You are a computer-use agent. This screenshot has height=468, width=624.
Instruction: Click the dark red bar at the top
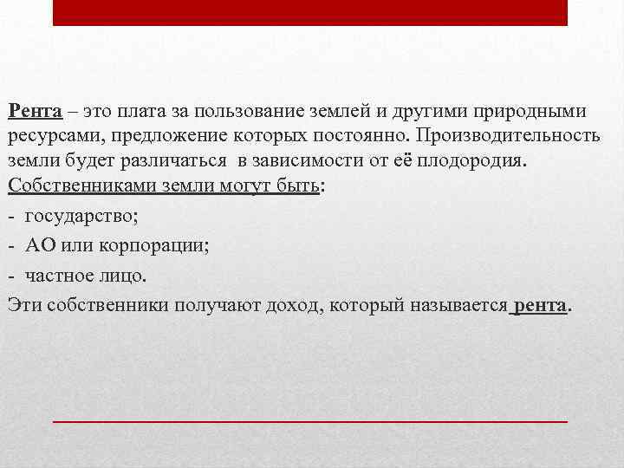coord(310,12)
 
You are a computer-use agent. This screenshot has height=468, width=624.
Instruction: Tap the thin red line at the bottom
coord(310,420)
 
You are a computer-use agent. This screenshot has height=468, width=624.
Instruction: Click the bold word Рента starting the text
coord(35,112)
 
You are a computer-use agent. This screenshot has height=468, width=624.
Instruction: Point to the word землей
coord(338,112)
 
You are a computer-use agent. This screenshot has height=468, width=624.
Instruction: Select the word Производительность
coord(511,138)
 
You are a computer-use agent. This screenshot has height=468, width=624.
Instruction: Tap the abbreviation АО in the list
coord(41,245)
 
